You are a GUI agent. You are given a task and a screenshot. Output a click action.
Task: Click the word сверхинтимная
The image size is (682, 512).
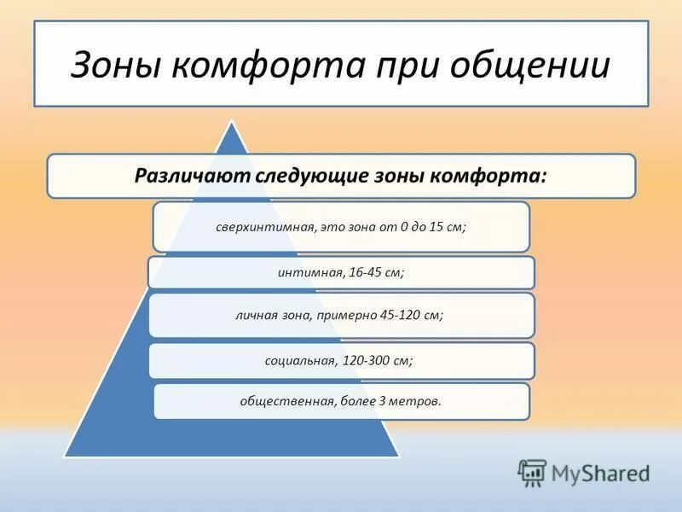coord(266,228)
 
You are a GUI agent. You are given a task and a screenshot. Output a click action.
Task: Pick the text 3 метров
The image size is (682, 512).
coord(413,400)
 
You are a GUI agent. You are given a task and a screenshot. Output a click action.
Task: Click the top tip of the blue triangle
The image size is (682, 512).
coord(230,124)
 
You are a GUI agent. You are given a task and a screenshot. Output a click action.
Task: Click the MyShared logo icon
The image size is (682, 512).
coord(532,472)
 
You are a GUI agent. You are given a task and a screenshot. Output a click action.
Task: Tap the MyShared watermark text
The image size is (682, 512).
coord(600,473)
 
